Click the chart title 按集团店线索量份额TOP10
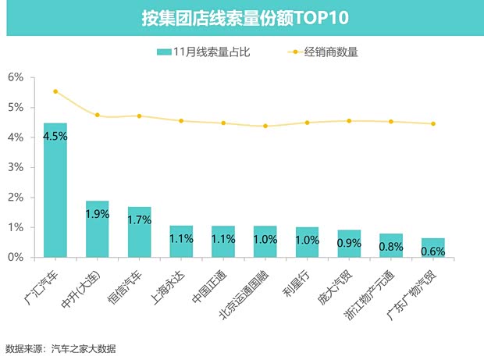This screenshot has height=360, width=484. tap(241, 17)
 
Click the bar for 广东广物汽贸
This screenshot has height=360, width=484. tap(433, 248)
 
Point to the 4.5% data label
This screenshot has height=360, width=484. tap(55, 135)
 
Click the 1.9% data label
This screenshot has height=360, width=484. tap(97, 213)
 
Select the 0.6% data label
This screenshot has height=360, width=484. tap(433, 251)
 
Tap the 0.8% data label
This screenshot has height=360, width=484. tap(391, 246)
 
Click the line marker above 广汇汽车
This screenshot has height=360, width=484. tap(55, 91)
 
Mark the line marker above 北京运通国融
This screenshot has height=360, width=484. tap(265, 126)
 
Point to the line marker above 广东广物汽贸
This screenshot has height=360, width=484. tap(433, 123)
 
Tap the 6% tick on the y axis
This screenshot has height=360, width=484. tap(16, 77)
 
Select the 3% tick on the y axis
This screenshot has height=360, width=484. tap(16, 167)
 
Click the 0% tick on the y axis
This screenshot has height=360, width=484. tap(16, 257)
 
